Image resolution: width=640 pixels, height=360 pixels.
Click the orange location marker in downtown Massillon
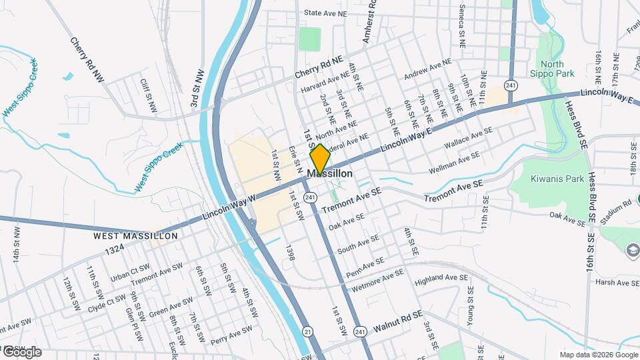coord(320,159)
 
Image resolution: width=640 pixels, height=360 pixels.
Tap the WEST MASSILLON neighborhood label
coord(135,236)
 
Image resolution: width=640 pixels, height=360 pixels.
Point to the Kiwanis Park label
coord(557,179)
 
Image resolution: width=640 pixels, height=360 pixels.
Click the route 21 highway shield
coord(307,331)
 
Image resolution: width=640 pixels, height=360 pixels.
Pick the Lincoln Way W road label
coord(229,207)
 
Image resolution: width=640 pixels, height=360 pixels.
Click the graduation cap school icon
coord(632,250)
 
